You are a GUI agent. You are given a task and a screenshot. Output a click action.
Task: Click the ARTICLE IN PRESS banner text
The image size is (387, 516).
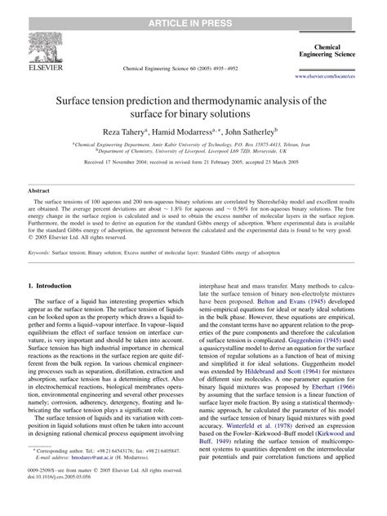(193, 7)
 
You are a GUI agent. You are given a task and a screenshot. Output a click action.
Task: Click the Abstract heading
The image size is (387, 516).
(39, 189)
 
